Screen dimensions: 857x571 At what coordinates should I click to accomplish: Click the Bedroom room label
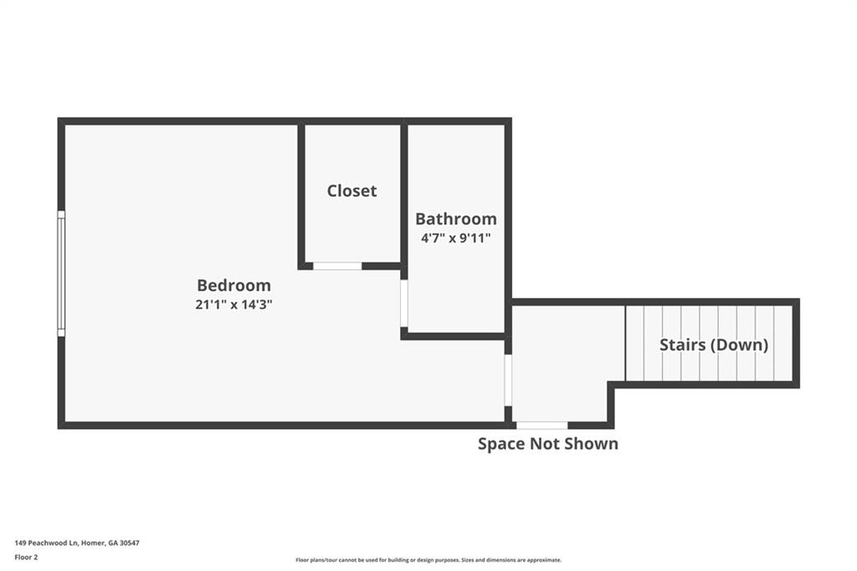coord(234,285)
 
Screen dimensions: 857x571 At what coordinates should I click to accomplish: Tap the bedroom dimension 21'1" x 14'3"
coord(234,305)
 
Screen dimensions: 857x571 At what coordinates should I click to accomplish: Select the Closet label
coord(352,190)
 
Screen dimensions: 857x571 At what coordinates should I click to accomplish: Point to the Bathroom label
coord(456,219)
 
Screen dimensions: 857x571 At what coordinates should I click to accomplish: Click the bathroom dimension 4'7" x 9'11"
coord(456,239)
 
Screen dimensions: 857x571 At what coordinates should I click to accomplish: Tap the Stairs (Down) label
coord(714,345)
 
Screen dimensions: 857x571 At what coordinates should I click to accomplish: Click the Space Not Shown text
coord(548,444)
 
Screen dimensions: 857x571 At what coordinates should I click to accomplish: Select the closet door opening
coord(337,266)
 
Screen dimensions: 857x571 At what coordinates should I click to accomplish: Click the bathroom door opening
coord(404,304)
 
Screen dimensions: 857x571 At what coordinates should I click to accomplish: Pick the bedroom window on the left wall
coord(61,274)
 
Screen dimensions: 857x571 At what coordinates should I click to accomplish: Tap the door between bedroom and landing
coord(508,380)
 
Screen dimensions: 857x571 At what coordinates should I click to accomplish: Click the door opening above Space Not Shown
coord(542,425)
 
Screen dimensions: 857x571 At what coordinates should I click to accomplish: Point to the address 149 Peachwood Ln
coord(47,543)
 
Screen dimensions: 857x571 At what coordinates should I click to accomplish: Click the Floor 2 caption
coord(26,558)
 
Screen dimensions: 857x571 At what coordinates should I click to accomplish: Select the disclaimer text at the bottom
coord(428,560)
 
